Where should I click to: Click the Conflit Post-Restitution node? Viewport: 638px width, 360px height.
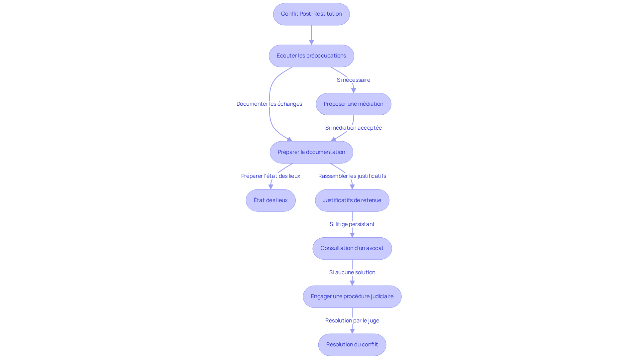311,14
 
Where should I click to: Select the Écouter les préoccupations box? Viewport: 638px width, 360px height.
311,56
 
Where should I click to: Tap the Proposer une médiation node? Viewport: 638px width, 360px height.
354,104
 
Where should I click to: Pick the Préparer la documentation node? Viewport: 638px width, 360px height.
311,152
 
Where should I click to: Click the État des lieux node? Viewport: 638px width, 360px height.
270,200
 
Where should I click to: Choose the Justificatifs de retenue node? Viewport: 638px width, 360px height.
352,200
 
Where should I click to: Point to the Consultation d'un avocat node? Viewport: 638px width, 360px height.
352,248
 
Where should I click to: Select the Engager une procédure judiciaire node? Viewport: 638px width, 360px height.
352,297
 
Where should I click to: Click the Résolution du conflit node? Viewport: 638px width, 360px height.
352,345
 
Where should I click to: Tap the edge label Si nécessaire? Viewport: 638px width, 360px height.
354,80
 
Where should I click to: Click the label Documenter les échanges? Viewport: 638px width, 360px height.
269,104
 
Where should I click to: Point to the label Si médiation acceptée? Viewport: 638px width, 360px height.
354,128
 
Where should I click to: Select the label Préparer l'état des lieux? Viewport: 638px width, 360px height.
270,176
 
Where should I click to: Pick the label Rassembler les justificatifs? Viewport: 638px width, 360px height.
352,176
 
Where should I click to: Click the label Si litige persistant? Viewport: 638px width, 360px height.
352,224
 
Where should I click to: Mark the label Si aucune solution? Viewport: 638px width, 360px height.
352,272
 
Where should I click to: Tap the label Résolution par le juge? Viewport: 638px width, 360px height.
352,320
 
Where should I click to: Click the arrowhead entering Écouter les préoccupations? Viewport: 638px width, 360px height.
311,43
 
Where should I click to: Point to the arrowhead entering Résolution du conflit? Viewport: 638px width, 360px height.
352,331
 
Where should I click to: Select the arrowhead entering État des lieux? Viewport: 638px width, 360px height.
271,187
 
